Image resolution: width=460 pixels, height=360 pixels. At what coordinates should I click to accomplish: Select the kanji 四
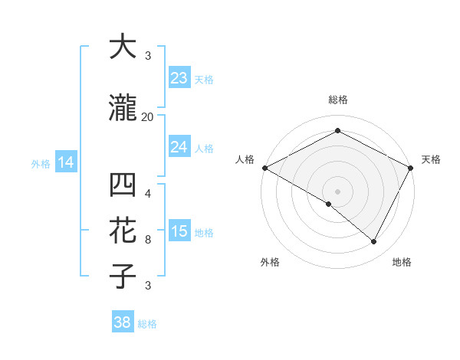pyautogui.click(x=123, y=186)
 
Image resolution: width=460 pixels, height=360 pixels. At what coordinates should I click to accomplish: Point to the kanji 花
pyautogui.click(x=123, y=231)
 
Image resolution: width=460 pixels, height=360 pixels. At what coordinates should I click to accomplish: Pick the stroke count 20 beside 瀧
pyautogui.click(x=148, y=117)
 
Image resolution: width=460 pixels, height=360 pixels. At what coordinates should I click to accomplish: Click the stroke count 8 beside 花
pyautogui.click(x=148, y=240)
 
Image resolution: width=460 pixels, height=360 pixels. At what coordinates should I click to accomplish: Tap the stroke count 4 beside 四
pyautogui.click(x=148, y=194)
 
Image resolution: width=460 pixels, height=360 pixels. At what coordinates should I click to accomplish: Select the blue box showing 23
pyautogui.click(x=179, y=78)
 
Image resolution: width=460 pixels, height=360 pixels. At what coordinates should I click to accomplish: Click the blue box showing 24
pyautogui.click(x=179, y=147)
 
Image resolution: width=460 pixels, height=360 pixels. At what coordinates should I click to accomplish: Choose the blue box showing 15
pyautogui.click(x=179, y=231)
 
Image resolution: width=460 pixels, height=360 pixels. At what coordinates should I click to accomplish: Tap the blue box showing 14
pyautogui.click(x=65, y=162)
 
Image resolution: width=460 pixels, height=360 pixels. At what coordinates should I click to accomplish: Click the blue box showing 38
pyautogui.click(x=122, y=322)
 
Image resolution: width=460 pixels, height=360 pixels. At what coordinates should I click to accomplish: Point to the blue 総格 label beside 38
pyautogui.click(x=147, y=324)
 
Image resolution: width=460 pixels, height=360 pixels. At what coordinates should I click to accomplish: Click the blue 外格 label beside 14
pyautogui.click(x=41, y=163)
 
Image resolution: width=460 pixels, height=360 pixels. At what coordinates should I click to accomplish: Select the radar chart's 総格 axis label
pyautogui.click(x=337, y=100)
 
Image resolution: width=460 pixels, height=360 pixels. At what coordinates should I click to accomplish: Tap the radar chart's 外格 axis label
pyautogui.click(x=270, y=262)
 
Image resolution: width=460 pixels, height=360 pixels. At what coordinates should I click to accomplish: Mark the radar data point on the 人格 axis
pyautogui.click(x=264, y=168)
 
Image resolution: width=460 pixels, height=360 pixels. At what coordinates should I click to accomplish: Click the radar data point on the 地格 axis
pyautogui.click(x=374, y=242)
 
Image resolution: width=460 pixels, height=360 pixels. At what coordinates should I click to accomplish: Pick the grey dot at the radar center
pyautogui.click(x=337, y=191)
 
